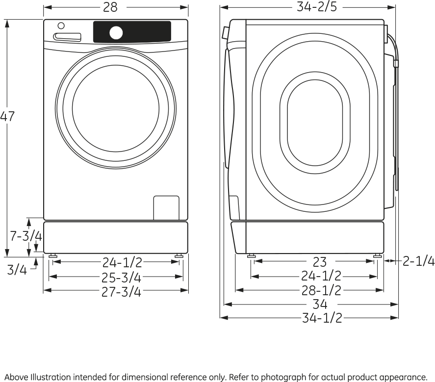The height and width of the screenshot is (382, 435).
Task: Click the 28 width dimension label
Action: [110, 7]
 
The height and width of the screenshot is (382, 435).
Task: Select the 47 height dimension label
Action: [7, 117]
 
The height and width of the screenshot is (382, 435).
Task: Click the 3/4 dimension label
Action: [17, 269]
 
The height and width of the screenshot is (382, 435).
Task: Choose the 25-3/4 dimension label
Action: [121, 278]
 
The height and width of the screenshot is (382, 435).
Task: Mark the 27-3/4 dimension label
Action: [121, 292]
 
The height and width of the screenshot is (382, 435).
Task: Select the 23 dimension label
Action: [319, 262]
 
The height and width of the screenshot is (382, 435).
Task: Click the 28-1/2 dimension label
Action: [321, 290]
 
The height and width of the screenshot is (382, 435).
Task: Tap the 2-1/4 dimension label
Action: [418, 261]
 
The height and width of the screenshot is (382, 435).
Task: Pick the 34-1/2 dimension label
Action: [322, 318]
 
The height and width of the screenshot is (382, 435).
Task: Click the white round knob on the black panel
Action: [116, 32]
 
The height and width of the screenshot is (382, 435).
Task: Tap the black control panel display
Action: [147, 31]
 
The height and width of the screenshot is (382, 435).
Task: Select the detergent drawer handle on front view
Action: [67, 36]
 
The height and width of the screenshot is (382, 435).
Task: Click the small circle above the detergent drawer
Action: [61, 25]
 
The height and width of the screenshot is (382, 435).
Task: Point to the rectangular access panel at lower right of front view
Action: [166, 207]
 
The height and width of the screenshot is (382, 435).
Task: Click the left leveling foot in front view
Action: [52, 255]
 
